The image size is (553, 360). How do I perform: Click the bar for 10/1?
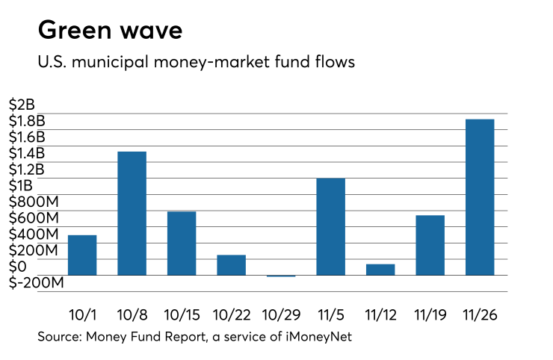tap(82, 255)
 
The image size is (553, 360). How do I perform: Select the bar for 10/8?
tap(132, 214)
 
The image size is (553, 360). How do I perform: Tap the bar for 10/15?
tap(182, 243)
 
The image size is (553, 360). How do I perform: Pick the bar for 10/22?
tap(231, 265)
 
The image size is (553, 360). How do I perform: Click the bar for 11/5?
tap(330, 227)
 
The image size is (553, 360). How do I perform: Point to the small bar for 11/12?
tap(380, 270)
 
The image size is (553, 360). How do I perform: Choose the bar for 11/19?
tap(430, 245)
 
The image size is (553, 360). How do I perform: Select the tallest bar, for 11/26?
tap(480, 197)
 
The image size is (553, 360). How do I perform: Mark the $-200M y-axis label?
tap(35, 283)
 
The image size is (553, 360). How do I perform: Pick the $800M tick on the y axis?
tap(35, 202)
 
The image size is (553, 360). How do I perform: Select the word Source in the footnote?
tap(58, 338)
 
